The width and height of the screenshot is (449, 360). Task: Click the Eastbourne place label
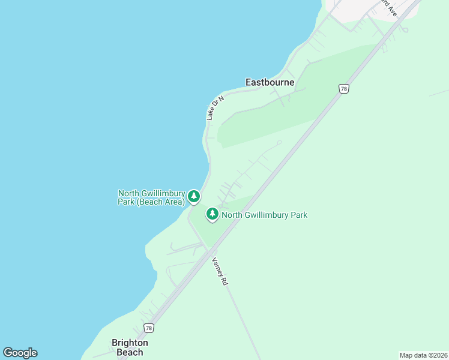pyautogui.click(x=270, y=82)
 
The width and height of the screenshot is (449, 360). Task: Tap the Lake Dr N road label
pyautogui.click(x=215, y=108)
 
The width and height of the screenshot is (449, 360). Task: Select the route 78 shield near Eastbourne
pyautogui.click(x=343, y=88)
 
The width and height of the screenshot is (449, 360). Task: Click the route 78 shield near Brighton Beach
pyautogui.click(x=149, y=328)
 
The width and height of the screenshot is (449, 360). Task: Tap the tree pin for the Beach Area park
pyautogui.click(x=193, y=196)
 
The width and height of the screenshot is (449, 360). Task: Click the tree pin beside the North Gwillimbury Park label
pyautogui.click(x=212, y=214)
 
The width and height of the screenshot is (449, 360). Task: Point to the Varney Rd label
pyautogui.click(x=220, y=271)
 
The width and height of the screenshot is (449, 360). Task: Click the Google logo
pyautogui.click(x=20, y=353)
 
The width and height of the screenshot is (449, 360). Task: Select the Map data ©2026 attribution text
pyautogui.click(x=423, y=355)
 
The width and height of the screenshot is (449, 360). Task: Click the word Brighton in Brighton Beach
pyautogui.click(x=130, y=343)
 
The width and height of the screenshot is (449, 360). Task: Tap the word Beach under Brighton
pyautogui.click(x=130, y=352)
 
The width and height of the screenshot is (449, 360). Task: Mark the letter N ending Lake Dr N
pyautogui.click(x=221, y=98)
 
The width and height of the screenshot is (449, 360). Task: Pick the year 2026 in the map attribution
pyautogui.click(x=439, y=355)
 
